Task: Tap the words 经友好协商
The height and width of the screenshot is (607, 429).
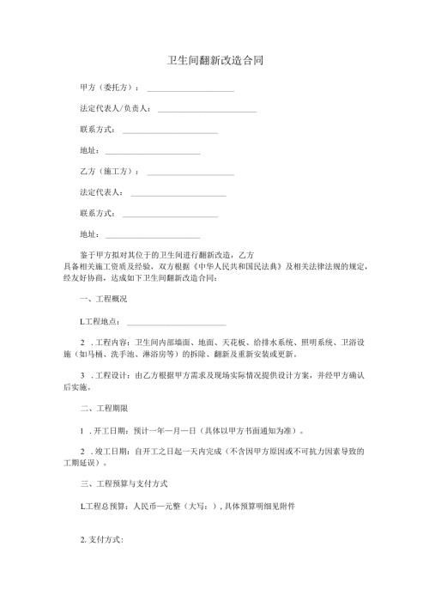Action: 82,277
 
